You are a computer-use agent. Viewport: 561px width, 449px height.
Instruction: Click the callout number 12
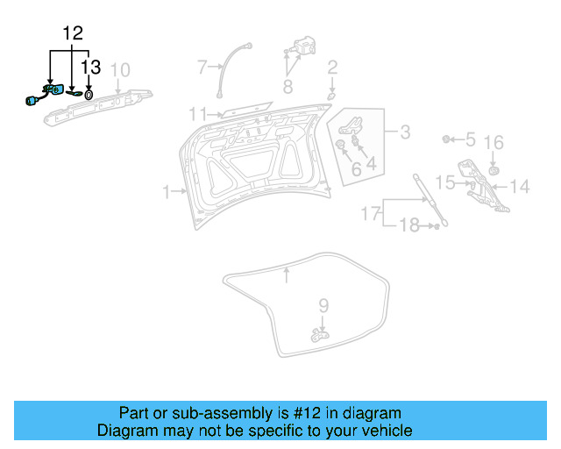[72, 34]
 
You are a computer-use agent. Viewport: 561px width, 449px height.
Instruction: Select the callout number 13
[91, 67]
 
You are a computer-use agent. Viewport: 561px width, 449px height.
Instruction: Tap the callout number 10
[120, 69]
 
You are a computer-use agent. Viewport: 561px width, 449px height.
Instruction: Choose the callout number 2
[332, 68]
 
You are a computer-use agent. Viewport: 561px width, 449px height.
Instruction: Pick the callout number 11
[196, 113]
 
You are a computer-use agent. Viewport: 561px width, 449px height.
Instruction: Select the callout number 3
[404, 132]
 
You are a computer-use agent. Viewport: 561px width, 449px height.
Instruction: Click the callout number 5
[470, 139]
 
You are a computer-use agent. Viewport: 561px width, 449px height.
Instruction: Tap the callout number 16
[494, 143]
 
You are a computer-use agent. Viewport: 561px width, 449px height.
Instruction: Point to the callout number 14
[520, 186]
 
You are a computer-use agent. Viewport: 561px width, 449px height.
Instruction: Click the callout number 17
[371, 213]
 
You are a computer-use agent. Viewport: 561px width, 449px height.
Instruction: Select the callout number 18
[409, 226]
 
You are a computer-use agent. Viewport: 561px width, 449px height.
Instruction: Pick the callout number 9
[323, 306]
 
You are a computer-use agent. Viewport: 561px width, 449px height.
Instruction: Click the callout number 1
[167, 190]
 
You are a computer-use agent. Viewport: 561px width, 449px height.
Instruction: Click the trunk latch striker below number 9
[317, 333]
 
